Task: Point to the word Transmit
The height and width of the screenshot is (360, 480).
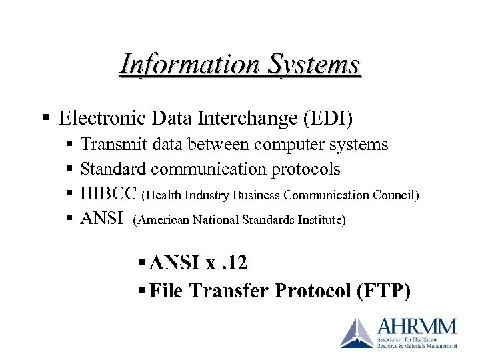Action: coord(113,145)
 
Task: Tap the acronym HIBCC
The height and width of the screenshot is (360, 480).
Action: coord(109,194)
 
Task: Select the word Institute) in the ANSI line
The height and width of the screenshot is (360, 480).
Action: coord(322,219)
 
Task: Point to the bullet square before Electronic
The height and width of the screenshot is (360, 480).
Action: coord(45,119)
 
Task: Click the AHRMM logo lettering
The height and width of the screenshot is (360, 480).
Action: coord(417,327)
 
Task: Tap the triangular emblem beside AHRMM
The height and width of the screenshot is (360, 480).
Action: coord(358,333)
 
